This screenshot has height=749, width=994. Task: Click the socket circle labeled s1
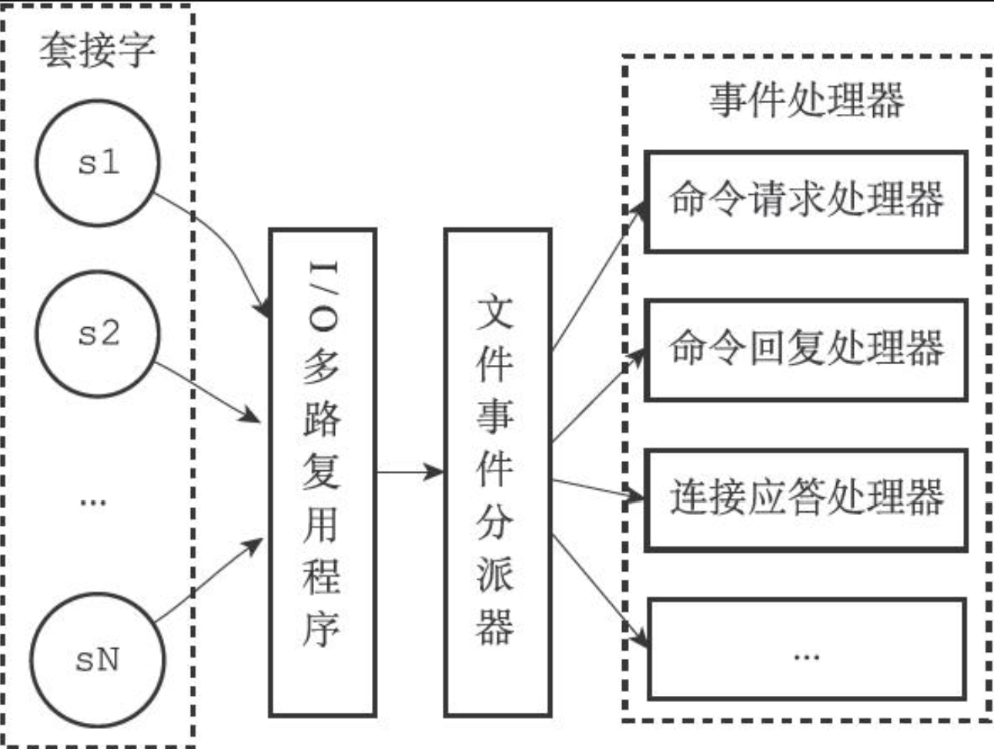pyautogui.click(x=98, y=162)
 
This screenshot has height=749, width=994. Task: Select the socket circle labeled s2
pyautogui.click(x=98, y=333)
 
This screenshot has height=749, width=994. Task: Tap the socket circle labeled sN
pyautogui.click(x=98, y=659)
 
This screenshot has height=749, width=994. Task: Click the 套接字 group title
pyautogui.click(x=97, y=51)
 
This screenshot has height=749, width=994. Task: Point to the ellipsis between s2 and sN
pyautogui.click(x=92, y=503)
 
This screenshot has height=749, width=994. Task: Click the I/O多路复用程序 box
pyautogui.click(x=322, y=472)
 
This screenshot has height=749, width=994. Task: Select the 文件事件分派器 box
pyautogui.click(x=497, y=472)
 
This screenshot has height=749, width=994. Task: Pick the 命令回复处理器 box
pyautogui.click(x=805, y=349)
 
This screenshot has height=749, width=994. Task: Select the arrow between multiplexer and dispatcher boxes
pyautogui.click(x=410, y=471)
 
